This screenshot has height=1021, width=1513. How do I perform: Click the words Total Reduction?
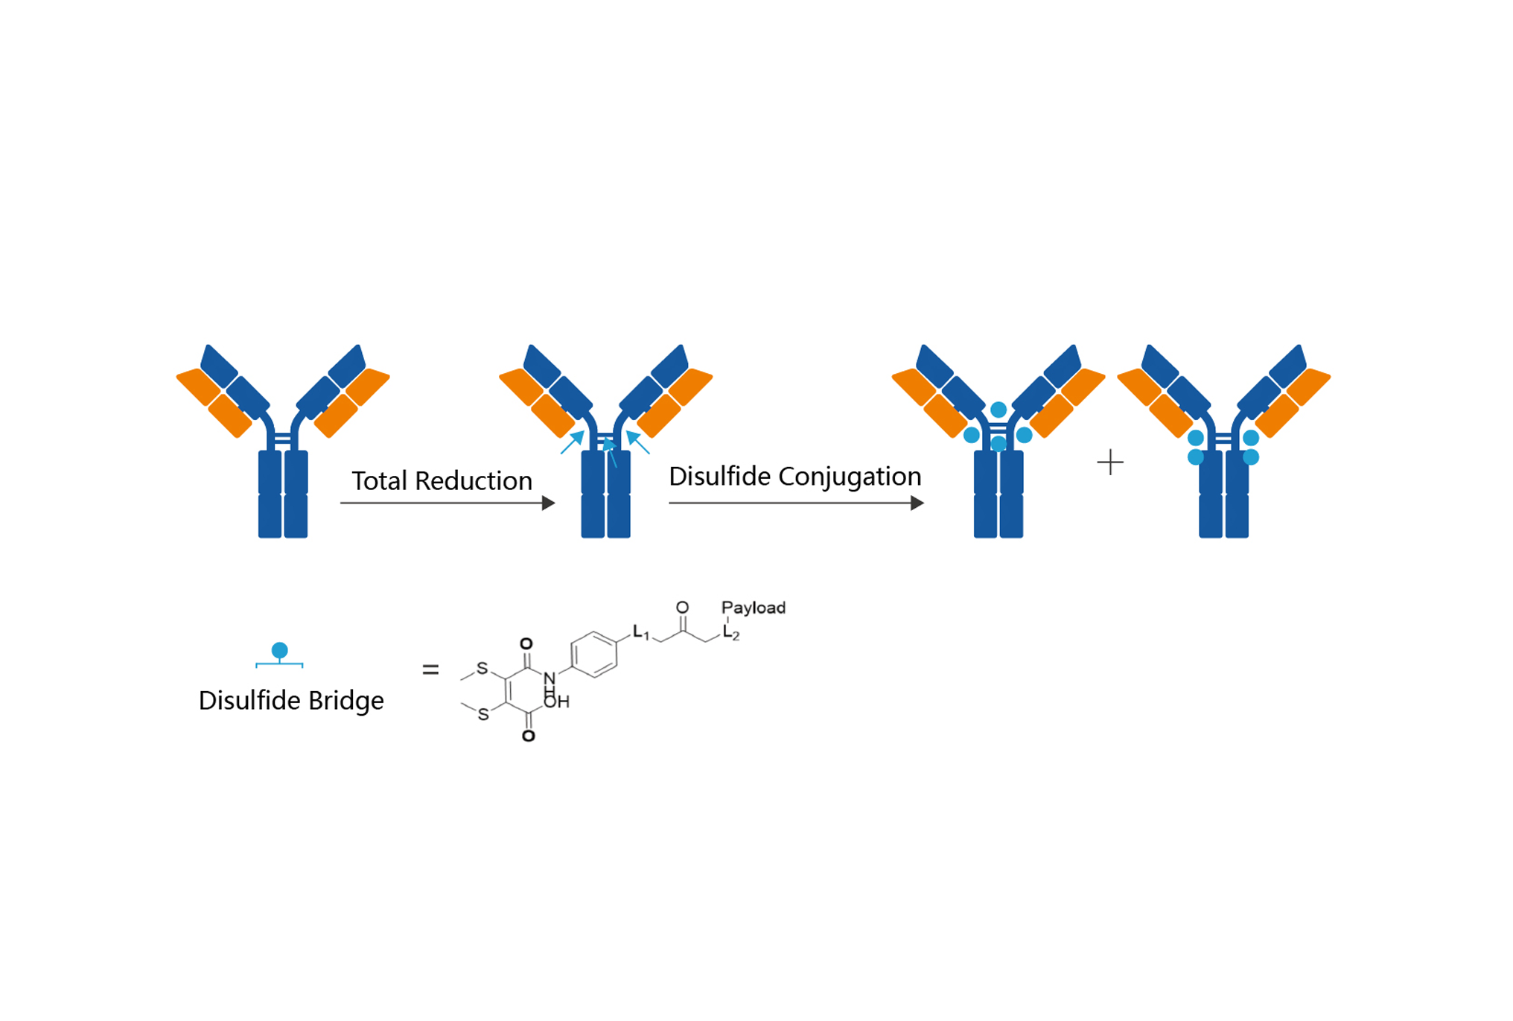[x=442, y=481]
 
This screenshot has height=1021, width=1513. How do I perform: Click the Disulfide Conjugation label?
[x=794, y=477]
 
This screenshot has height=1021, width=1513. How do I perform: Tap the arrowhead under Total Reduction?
[x=549, y=503]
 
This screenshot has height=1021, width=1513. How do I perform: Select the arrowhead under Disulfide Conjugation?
[x=917, y=503]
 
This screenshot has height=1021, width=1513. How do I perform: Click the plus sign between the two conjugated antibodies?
[x=1109, y=462]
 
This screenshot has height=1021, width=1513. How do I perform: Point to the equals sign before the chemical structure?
[x=430, y=670]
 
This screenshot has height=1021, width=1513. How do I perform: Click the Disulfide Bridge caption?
[x=291, y=701]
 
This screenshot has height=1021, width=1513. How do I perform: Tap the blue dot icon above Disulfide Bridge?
[x=280, y=651]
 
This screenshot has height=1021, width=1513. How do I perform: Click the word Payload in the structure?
[x=753, y=608]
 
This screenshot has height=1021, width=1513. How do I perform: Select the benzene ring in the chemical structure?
[x=594, y=655]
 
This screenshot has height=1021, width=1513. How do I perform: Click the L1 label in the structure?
[x=640, y=632]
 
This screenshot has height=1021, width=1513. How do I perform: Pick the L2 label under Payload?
[x=730, y=634]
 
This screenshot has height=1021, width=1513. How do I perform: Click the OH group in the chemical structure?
[x=557, y=702]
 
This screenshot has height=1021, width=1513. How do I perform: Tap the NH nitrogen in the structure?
[x=550, y=679]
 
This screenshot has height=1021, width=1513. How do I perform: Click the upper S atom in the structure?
[x=482, y=668]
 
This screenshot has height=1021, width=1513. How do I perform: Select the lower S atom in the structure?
[x=483, y=714]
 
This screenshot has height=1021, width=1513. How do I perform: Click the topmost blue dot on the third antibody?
[x=998, y=410]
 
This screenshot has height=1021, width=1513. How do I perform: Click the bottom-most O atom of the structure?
[x=529, y=736]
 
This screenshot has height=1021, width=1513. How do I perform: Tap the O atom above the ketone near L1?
[x=682, y=608]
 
